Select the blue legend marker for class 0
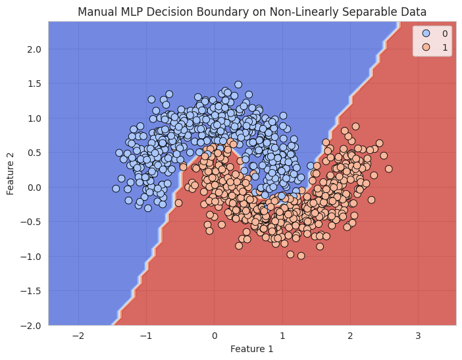426,33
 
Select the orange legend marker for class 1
426,47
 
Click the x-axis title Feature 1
252,349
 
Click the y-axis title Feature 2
11,173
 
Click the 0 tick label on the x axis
214,336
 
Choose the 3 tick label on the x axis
418,336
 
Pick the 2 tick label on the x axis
350,336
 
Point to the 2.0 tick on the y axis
35,49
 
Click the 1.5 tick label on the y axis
35,84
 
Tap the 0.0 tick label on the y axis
35,187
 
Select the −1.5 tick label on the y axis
32,291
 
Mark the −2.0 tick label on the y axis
32,325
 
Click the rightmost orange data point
388,168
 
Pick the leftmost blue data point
116,188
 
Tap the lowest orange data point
301,255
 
